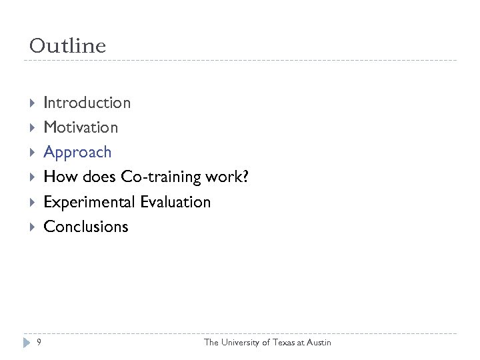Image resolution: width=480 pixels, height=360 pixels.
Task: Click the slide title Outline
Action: pyautogui.click(x=67, y=46)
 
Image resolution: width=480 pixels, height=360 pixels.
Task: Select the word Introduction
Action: pyautogui.click(x=87, y=103)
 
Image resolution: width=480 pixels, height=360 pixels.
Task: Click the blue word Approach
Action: pyautogui.click(x=77, y=152)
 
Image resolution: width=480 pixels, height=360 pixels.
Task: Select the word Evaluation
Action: pyautogui.click(x=175, y=201)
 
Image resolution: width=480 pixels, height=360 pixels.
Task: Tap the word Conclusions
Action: pyautogui.click(x=85, y=226)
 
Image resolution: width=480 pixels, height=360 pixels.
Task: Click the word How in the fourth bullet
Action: pyautogui.click(x=57, y=177)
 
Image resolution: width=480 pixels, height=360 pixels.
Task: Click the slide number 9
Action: pyautogui.click(x=39, y=342)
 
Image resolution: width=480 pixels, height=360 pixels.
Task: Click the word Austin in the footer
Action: pyautogui.click(x=318, y=342)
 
